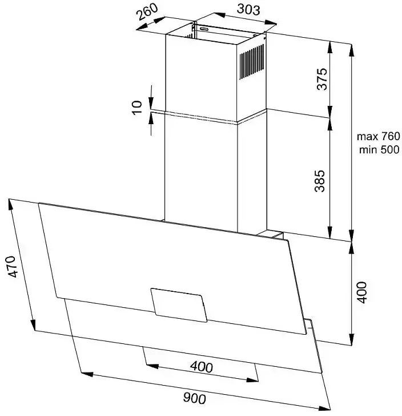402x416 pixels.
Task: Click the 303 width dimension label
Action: click(248, 9)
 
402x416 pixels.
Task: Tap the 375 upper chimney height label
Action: click(322, 79)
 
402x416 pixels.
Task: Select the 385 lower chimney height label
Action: click(319, 181)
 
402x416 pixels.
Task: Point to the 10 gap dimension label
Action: click(137, 108)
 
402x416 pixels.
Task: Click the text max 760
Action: click(378, 136)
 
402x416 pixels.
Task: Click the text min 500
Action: click(379, 149)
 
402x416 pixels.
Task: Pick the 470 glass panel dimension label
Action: click(12, 267)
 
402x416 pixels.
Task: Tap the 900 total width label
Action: click(194, 398)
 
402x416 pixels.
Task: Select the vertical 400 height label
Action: click(362, 292)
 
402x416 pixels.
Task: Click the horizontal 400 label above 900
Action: click(201, 367)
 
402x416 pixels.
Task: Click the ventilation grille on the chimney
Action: click(252, 62)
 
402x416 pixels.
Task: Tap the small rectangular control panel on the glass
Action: click(179, 306)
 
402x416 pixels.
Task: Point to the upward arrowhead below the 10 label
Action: click(151, 118)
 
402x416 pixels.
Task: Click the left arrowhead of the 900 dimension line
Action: click(87, 374)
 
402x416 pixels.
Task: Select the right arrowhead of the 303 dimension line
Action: click(271, 23)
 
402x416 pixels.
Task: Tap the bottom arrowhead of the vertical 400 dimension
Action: click(351, 339)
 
